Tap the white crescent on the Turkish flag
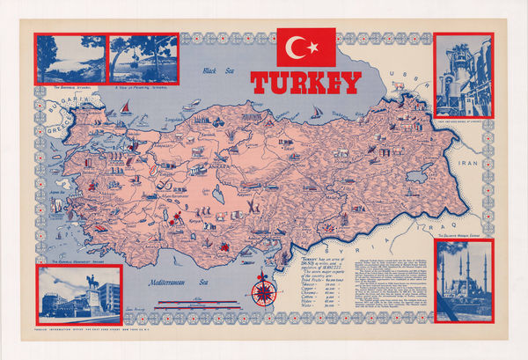coord(302,47)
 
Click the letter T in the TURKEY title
coord(261,83)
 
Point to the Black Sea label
coord(215,70)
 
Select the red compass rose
coord(263,290)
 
